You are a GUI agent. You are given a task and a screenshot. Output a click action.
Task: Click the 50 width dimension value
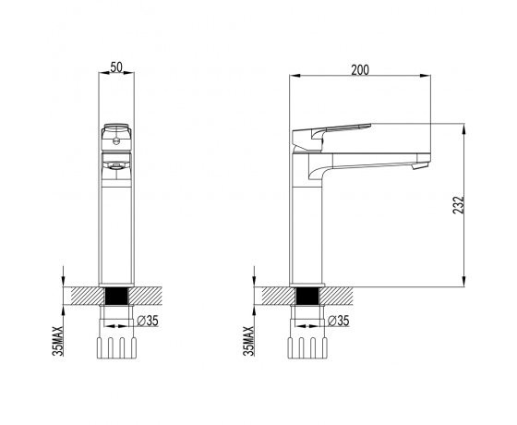click(x=116, y=67)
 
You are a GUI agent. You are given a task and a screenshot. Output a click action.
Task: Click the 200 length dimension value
click(x=360, y=70)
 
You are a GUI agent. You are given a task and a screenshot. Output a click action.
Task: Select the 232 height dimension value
click(x=458, y=205)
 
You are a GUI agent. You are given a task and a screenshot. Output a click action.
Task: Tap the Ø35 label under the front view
click(x=148, y=321)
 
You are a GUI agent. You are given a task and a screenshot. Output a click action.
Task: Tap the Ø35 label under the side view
click(x=339, y=321)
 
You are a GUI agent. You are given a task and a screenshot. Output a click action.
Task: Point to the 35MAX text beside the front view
click(x=57, y=341)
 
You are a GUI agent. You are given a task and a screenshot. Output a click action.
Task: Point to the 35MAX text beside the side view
click(x=248, y=341)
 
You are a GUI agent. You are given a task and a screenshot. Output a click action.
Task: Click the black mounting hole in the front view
click(x=116, y=296)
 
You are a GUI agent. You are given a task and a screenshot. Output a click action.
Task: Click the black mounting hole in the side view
click(x=307, y=296)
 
